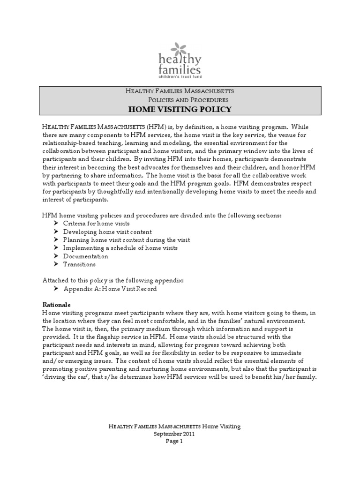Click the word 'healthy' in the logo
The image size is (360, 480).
point(180,60)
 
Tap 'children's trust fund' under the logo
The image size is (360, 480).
point(180,76)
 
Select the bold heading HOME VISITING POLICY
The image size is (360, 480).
point(180,110)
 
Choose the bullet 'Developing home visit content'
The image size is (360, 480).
point(107,232)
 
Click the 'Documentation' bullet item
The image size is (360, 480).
point(85,256)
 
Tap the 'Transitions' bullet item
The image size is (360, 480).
point(80,264)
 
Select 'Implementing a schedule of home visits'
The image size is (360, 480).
point(120,248)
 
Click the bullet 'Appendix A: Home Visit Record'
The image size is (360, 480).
point(110,289)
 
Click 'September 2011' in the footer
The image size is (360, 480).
point(174,434)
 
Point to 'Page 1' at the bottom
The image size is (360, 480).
point(174,441)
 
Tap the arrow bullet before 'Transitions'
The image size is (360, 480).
point(56,264)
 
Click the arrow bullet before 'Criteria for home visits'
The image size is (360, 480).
point(56,223)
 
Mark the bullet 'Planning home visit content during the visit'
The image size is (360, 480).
point(126,240)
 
